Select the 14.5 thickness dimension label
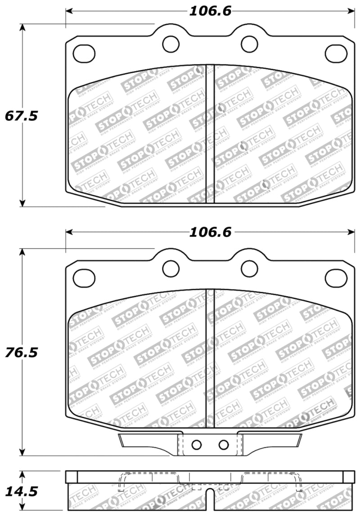tap(20, 491)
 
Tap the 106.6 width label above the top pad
tap(210, 11)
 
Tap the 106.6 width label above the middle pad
tap(210, 232)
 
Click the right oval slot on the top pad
tap(336, 54)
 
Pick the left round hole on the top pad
tap(171, 44)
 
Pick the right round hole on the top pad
tap(249, 44)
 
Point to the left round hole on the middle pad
tap(171, 268)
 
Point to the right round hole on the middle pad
tap(249, 268)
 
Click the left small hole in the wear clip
tap(196, 445)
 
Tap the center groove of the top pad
tap(210, 135)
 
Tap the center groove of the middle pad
tap(210, 355)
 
